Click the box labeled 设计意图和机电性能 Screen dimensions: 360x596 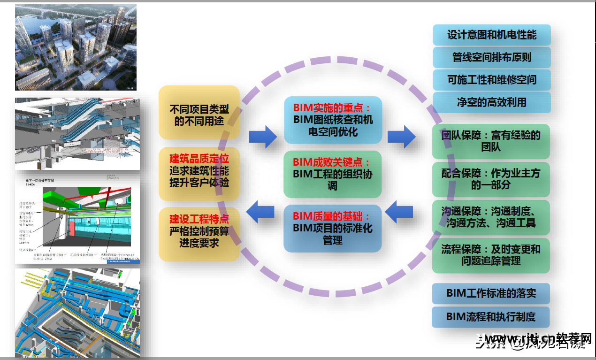click(491, 35)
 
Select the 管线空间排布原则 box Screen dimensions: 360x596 click(491, 57)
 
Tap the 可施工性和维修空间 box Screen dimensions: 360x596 click(491, 80)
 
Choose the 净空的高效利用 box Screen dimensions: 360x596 click(491, 102)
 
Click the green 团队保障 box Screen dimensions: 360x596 click(490, 141)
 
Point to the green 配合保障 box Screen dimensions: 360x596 click(490, 179)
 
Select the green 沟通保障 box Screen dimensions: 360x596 click(490, 217)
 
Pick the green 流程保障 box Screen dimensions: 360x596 click(490, 255)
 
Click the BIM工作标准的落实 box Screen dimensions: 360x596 click(490, 293)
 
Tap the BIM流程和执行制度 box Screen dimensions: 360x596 click(490, 316)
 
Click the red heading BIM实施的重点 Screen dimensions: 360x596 click(332, 107)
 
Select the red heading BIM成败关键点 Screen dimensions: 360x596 click(332, 162)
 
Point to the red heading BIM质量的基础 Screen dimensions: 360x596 click(332, 216)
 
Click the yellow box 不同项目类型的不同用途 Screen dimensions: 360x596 click(199, 115)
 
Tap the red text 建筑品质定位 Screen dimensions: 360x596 click(199, 159)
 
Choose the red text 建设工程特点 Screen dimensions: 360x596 click(199, 219)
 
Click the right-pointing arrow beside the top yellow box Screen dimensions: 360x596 click(263, 137)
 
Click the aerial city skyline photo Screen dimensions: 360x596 click(76, 47)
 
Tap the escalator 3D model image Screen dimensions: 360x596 click(77, 134)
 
